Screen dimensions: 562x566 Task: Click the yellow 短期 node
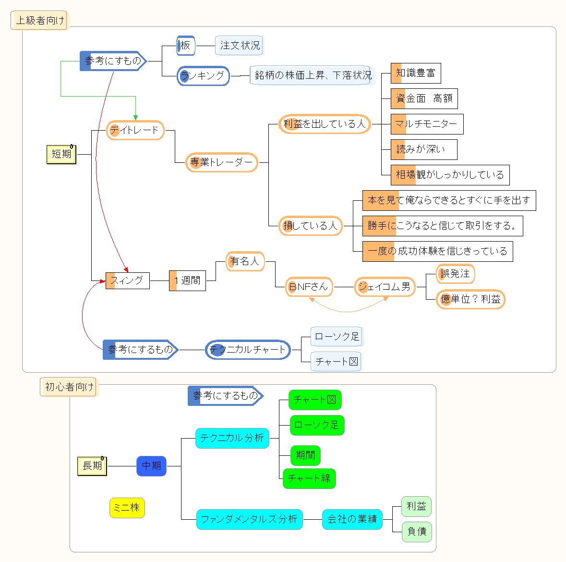point(61,154)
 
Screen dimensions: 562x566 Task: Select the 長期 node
point(92,466)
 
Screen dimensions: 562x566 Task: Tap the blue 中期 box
point(151,466)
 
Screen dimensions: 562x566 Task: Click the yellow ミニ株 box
point(127,508)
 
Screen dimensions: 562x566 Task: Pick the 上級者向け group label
point(39,21)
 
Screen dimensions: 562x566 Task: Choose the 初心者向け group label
point(69,387)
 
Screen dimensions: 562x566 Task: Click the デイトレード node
point(135,130)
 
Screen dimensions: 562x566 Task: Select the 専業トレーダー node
point(221,162)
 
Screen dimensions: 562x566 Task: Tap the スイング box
point(127,281)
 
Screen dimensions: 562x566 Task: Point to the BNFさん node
point(308,287)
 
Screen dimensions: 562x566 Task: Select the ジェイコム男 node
point(385,287)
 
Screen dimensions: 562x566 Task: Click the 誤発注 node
point(455,274)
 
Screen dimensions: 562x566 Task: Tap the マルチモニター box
point(427,124)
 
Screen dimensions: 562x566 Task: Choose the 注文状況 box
point(240,46)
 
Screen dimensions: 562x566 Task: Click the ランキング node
point(203,76)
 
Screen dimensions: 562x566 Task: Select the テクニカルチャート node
point(248,350)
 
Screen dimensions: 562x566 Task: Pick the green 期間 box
point(305,455)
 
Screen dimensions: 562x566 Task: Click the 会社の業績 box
point(352,519)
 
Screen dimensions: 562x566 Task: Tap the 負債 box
point(417,531)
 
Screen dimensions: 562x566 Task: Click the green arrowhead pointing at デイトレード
point(136,117)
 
